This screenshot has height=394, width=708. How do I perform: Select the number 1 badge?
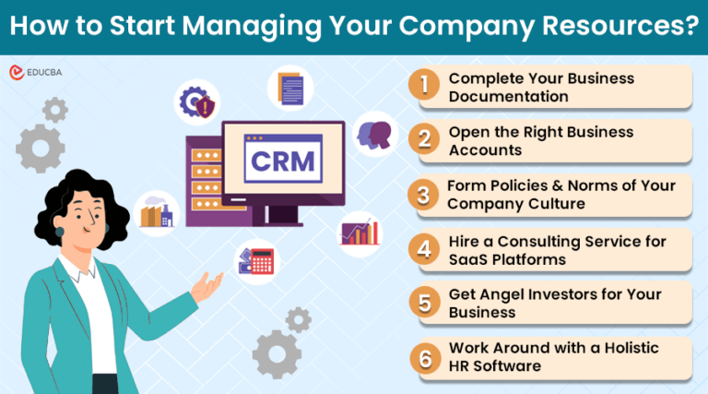click(423, 85)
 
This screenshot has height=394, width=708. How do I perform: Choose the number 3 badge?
click(423, 195)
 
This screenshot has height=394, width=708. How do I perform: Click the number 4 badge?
click(423, 249)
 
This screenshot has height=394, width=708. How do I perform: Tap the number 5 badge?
click(423, 303)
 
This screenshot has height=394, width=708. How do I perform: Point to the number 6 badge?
click(423, 357)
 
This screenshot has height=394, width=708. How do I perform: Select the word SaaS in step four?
click(469, 259)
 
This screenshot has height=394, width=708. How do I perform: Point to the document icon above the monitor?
click(290, 88)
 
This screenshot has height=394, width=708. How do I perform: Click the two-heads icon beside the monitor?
click(374, 132)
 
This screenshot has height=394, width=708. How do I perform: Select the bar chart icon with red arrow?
click(360, 232)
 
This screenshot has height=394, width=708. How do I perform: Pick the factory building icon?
click(155, 212)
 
